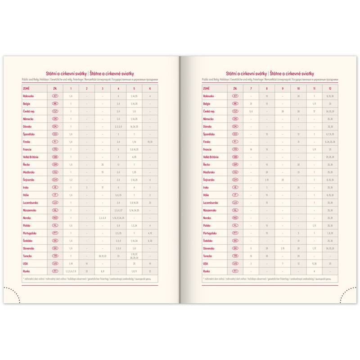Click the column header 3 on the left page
click(x=103, y=88)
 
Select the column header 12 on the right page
click(x=330, y=88)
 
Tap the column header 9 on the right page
click(x=283, y=88)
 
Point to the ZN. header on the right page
click(x=235, y=88)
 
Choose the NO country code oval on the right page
click(x=235, y=218)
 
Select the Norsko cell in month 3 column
click(x=103, y=218)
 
